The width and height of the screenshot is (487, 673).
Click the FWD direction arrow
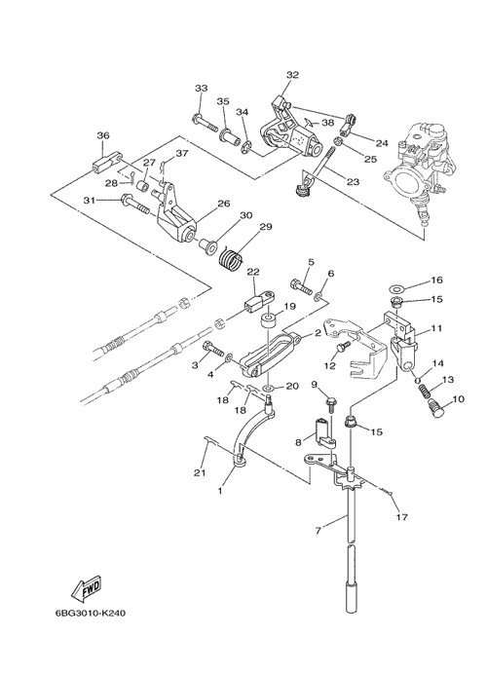[86, 586]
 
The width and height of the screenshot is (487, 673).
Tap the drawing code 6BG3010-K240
[91, 613]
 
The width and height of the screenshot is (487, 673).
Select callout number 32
[292, 75]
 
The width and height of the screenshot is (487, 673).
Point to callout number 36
[103, 135]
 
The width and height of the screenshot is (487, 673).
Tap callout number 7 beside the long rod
[318, 531]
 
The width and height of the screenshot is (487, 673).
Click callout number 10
[458, 399]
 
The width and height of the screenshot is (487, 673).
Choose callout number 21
[200, 473]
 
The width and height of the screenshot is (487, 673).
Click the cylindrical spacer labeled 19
[270, 322]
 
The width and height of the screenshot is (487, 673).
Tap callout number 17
[401, 517]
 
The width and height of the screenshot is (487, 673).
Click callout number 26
[224, 204]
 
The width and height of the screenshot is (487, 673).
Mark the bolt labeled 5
[302, 285]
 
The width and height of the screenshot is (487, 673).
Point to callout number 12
[329, 365]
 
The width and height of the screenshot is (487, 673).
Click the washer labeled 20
[269, 388]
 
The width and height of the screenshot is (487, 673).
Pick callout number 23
[353, 182]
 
